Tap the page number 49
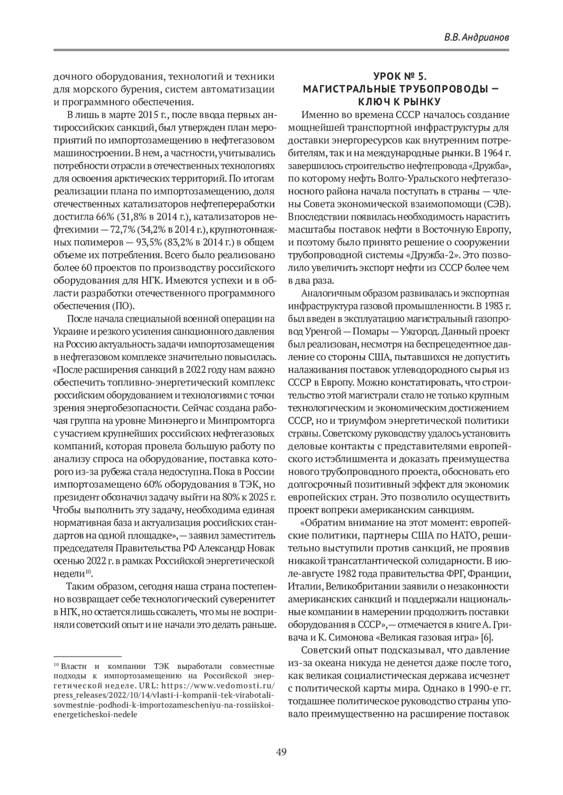click(281, 752)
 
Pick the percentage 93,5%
click(149, 241)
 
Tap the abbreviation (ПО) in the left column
click(123, 306)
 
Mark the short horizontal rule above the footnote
click(87, 656)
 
